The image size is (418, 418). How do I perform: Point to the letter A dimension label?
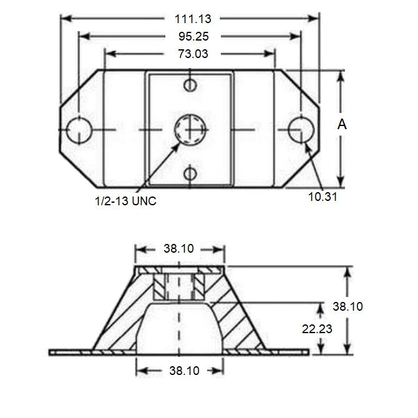342,125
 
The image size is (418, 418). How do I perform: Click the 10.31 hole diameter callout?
323,197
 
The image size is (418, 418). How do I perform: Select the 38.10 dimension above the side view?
180,248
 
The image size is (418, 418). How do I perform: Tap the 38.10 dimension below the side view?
180,371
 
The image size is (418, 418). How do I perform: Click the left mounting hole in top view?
79,129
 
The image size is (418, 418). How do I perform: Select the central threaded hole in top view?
191,129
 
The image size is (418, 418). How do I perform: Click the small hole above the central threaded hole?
191,85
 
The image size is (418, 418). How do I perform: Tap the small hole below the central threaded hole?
191,173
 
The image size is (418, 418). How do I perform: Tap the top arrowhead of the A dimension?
341,75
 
